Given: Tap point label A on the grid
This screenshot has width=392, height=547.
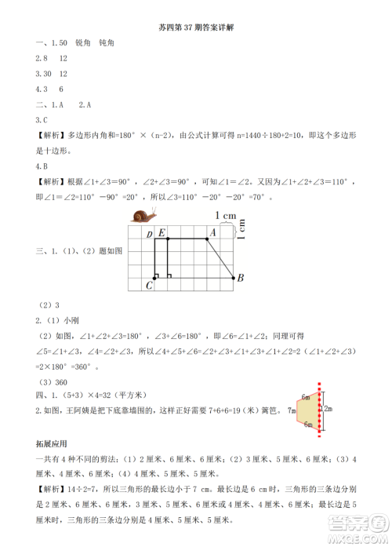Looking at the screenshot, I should coord(212,232).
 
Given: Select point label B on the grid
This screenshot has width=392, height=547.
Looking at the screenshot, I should coord(241,278).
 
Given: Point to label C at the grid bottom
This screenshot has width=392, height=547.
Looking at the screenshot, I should coord(148,286).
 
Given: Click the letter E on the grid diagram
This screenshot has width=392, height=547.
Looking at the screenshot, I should coord(162,232).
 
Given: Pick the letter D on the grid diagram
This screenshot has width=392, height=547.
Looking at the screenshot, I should coord(149,234).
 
